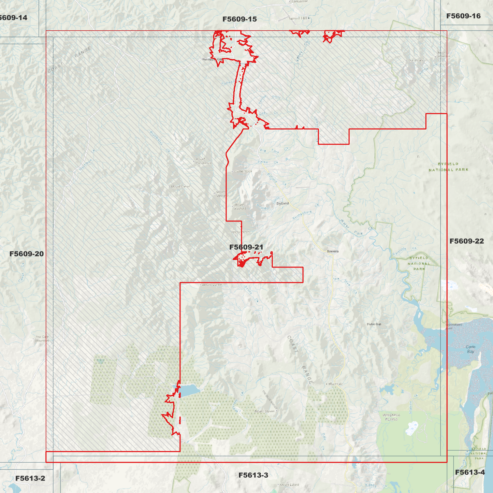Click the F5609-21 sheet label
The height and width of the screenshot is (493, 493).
tap(246, 247)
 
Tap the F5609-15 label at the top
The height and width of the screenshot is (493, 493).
tap(240, 19)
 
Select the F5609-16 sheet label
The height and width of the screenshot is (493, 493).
tap(463, 16)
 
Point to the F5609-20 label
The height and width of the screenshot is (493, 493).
tap(27, 254)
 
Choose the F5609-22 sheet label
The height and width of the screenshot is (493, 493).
tap(466, 241)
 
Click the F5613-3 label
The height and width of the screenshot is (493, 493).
tap(253, 475)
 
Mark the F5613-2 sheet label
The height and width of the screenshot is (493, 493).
tap(30, 478)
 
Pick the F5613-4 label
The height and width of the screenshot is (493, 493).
tap(470, 472)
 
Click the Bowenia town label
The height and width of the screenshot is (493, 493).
tap(333, 251)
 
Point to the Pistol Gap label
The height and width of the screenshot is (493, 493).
tap(374, 324)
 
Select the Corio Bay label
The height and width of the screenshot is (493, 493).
tap(470, 349)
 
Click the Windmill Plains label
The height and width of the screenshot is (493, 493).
tap(391, 417)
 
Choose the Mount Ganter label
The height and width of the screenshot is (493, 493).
tap(212, 285)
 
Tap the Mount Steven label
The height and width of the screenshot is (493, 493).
tap(264, 411)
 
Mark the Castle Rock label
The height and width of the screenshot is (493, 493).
tap(243, 171)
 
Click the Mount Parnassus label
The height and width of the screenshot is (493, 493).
tap(203, 161)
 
